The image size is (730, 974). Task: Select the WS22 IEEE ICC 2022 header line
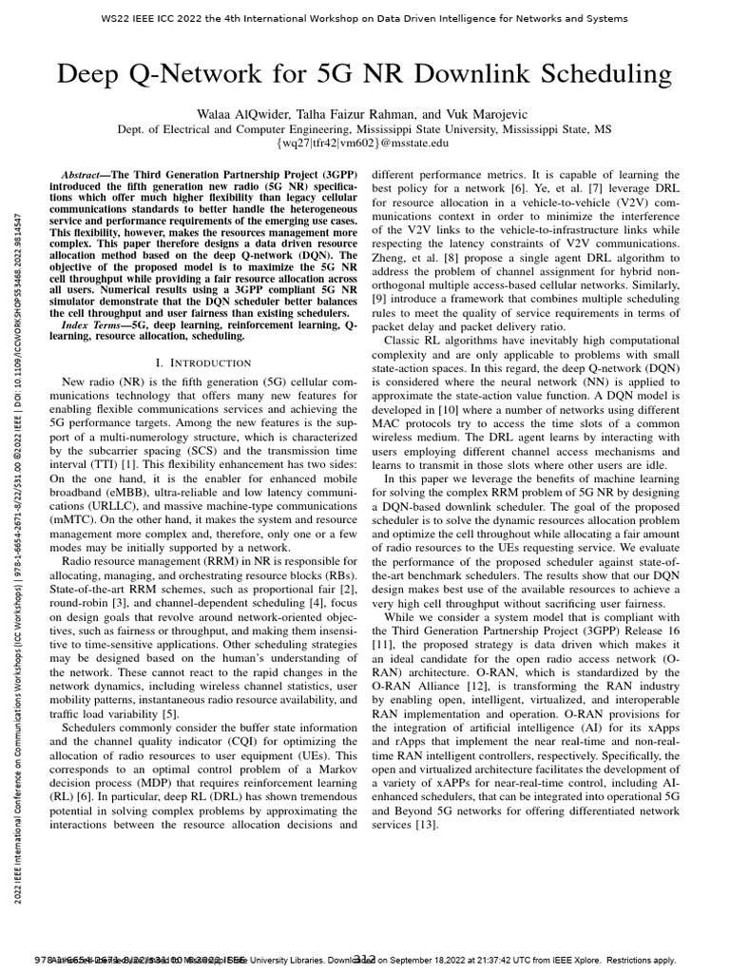pos(366,19)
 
